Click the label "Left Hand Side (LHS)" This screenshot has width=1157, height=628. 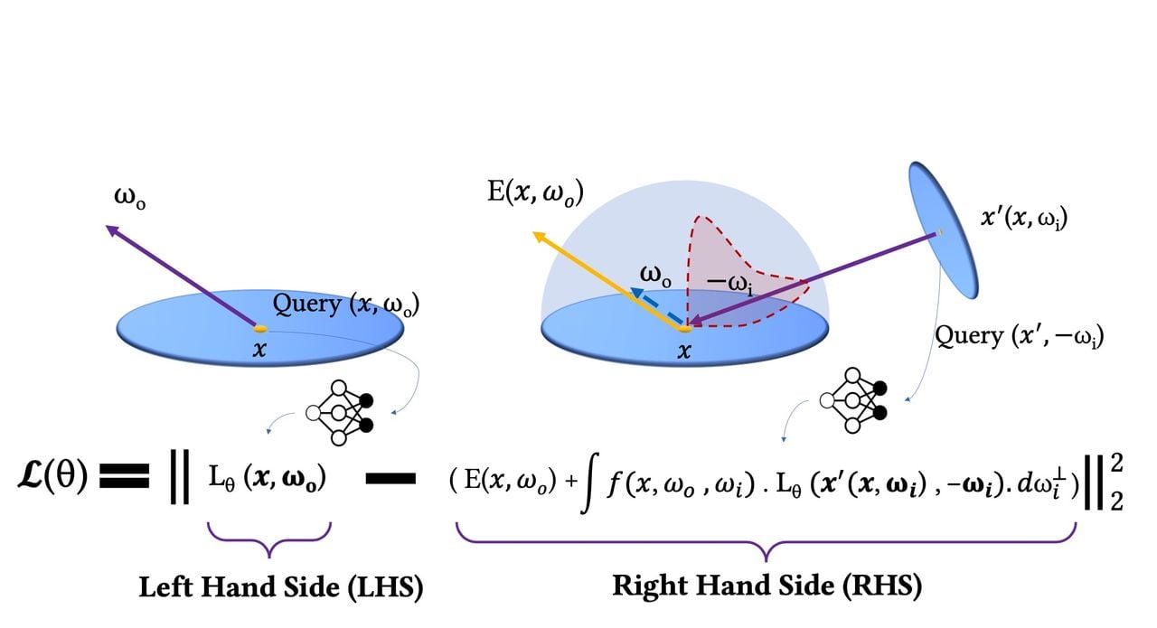pos(280,587)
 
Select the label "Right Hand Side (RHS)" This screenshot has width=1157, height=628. pos(767,586)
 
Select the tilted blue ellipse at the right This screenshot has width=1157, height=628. pos(944,230)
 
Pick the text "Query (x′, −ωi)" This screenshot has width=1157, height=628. pos(1019,336)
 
